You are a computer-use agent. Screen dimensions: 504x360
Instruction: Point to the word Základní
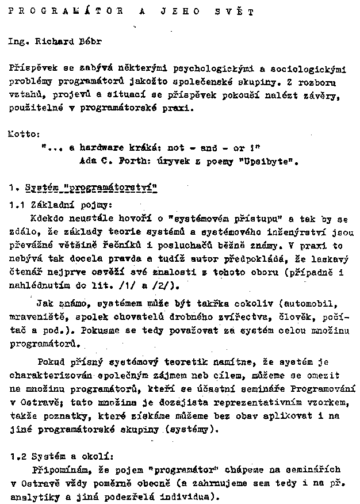(x=49, y=205)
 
